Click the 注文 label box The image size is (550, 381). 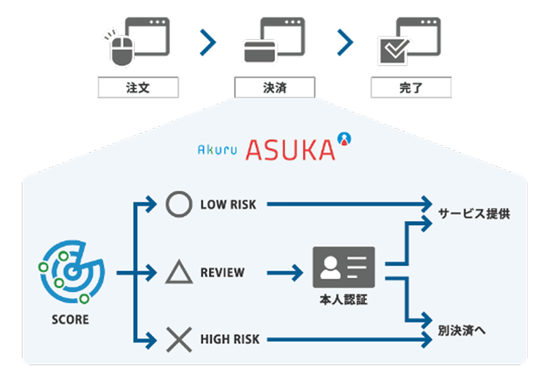pos(138,87)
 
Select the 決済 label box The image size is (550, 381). pos(275,87)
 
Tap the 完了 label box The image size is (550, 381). pos(411,87)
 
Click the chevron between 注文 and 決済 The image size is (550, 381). pos(208,43)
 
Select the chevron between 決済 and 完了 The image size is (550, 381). pos(345,43)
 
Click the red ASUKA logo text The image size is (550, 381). pos(290,150)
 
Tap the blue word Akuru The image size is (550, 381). pos(217,150)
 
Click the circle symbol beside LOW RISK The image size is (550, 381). pos(179,204)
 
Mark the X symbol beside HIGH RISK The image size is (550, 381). pos(179,340)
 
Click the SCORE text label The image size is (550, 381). pos(71,320)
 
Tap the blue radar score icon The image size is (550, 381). pos(72,272)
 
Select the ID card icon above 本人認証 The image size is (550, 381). pos(344,267)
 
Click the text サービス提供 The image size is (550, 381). pos(474,215)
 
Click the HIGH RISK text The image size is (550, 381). pos(230,340)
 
